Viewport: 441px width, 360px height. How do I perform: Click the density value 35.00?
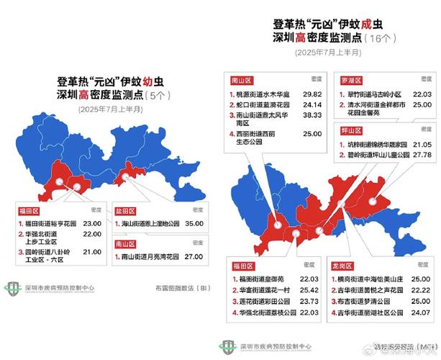[191, 224]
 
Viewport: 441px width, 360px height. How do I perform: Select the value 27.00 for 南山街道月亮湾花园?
[191, 256]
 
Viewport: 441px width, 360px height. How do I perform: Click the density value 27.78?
[421, 155]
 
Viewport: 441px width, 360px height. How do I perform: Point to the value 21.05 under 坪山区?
[421, 144]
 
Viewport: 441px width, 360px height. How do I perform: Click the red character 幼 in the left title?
[152, 82]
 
